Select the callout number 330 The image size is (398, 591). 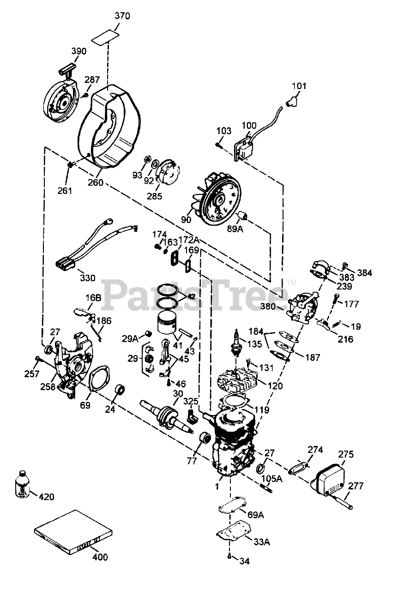[88, 278]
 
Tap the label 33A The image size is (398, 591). [261, 542]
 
